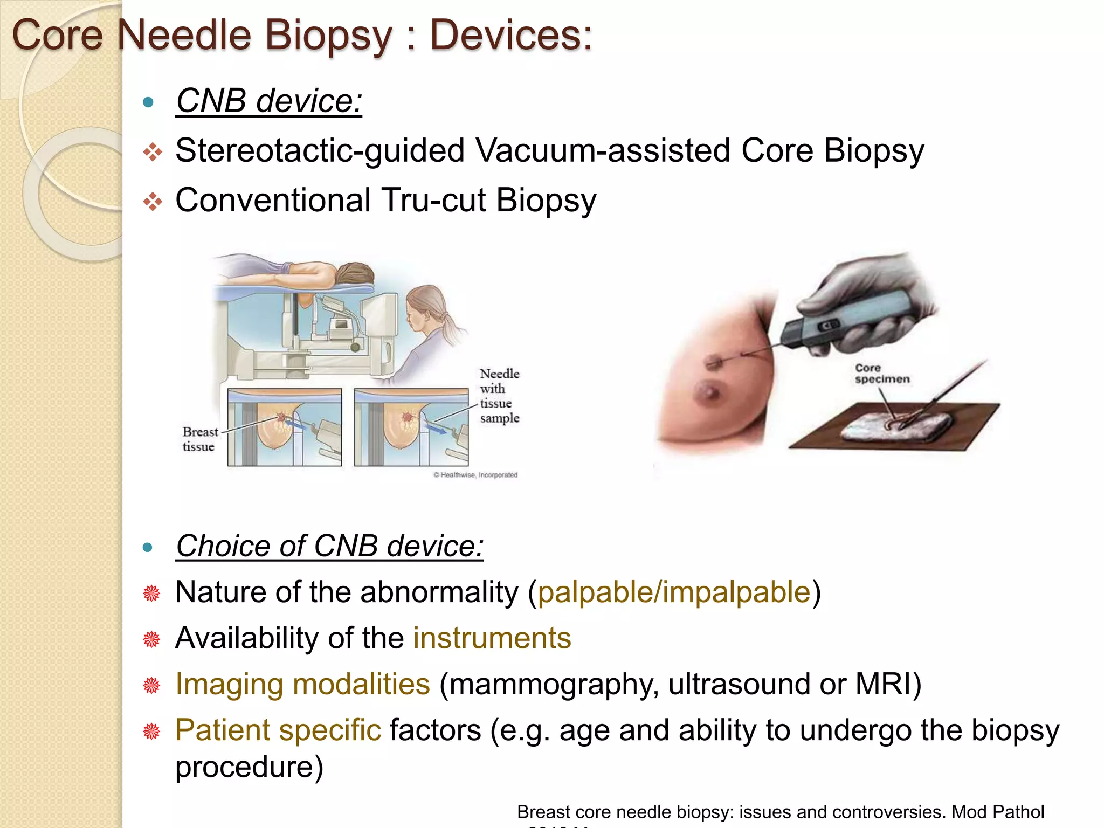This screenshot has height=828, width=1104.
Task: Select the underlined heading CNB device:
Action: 268,101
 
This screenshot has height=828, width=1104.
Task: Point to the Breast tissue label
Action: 199,439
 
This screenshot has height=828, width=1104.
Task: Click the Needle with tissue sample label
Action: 499,396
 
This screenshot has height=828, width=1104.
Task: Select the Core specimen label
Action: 881,374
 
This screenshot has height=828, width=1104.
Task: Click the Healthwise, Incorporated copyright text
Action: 475,475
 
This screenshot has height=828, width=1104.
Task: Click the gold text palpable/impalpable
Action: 674,592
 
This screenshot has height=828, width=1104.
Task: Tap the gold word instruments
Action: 492,638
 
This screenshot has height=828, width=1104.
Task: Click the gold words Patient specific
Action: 278,730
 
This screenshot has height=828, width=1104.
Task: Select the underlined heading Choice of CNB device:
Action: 329,546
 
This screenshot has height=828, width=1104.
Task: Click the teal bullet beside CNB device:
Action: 148,102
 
